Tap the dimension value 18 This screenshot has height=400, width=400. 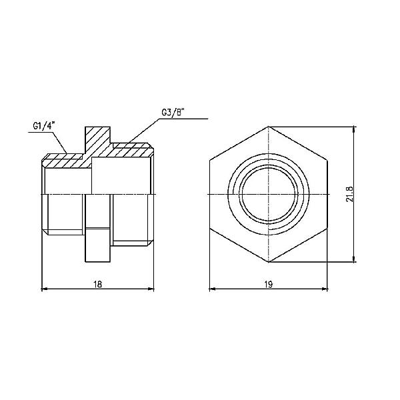tap(98, 283)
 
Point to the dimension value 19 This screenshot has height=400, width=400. tap(269, 283)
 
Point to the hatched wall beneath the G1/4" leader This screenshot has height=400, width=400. tap(63, 161)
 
